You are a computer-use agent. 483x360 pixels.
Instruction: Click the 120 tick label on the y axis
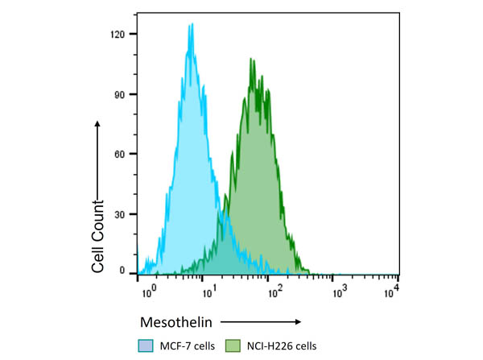[118, 35]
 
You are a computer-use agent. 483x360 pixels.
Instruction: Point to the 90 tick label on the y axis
[121, 94]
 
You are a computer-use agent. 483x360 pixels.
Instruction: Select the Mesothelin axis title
[176, 322]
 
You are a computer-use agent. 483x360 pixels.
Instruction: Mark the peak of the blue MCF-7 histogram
[192, 24]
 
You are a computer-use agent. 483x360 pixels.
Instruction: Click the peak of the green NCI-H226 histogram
[252, 59]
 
